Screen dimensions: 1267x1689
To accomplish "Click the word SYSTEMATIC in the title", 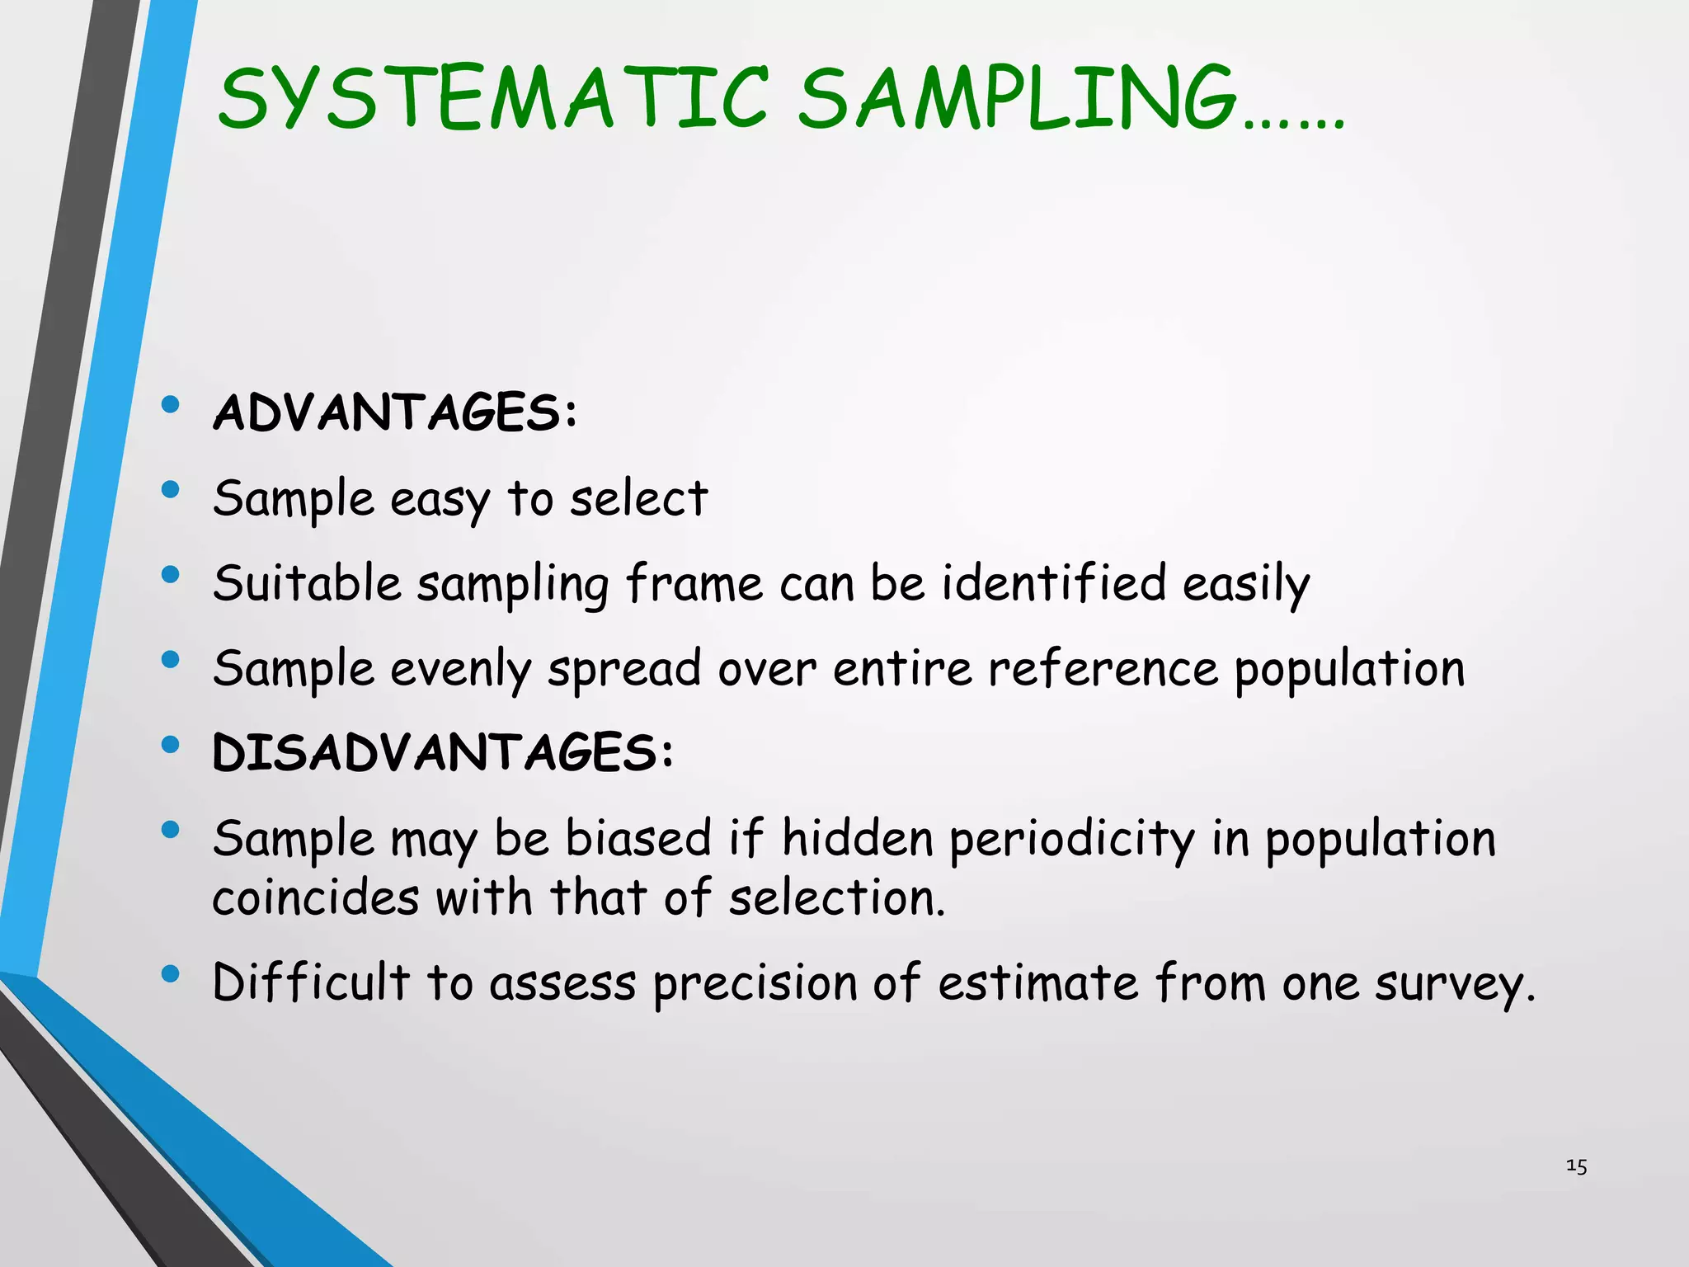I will pos(493,99).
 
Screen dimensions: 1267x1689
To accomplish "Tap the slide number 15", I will pos(1576,1166).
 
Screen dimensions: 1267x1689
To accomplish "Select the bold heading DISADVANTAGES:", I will pos(443,752).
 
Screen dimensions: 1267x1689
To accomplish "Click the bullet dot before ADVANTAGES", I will pos(171,404).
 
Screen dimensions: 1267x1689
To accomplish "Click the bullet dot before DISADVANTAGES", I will pos(171,745).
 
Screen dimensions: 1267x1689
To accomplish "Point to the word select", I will pos(639,498).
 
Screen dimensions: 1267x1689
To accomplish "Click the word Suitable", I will pos(307,583).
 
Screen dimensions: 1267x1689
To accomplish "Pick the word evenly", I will pos(460,669).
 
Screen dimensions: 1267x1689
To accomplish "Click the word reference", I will pos(1103,668).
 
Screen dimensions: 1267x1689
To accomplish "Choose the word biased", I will pos(637,838).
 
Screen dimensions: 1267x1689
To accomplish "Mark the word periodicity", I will pos(1071,840).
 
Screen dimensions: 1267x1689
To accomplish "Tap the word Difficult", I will pos(311,982).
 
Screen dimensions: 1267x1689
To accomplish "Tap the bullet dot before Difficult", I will pos(171,974).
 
